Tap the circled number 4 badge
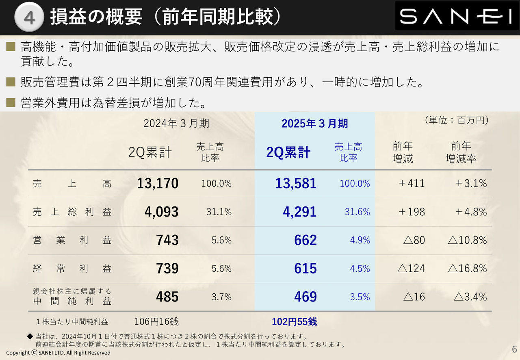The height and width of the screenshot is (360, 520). pyautogui.click(x=29, y=18)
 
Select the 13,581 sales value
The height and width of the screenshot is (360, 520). pyautogui.click(x=296, y=183)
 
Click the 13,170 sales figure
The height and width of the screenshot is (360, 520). pyautogui.click(x=158, y=183)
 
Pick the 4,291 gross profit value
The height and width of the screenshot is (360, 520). pyautogui.click(x=300, y=212)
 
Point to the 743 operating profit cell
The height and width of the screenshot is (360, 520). pyautogui.click(x=167, y=240)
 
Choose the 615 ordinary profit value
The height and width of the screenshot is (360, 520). pyautogui.click(x=305, y=269)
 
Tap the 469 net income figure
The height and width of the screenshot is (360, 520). pyautogui.click(x=305, y=297)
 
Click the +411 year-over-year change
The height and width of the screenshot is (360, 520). pyautogui.click(x=411, y=183)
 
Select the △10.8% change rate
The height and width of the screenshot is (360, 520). pyautogui.click(x=467, y=240)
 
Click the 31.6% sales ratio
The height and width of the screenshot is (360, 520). pyautogui.click(x=357, y=212)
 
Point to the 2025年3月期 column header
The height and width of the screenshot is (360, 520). pyautogui.click(x=314, y=124)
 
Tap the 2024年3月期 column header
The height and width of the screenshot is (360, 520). pyautogui.click(x=176, y=124)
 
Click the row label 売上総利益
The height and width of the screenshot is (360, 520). pyautogui.click(x=72, y=212)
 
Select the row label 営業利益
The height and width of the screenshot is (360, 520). pyautogui.click(x=72, y=240)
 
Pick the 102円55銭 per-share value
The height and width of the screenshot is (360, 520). pyautogui.click(x=294, y=322)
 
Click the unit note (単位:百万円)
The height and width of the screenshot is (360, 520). pyautogui.click(x=456, y=120)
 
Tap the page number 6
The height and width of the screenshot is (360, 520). pyautogui.click(x=514, y=349)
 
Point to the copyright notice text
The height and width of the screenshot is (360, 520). pyautogui.click(x=58, y=353)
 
